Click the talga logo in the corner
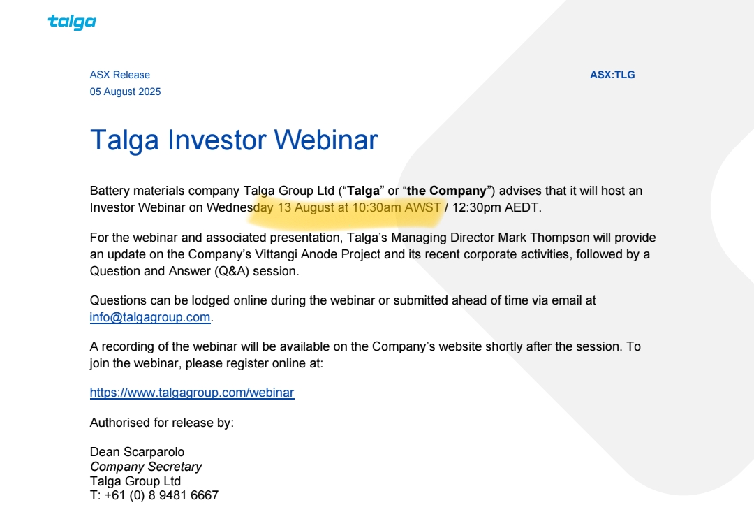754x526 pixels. (x=72, y=22)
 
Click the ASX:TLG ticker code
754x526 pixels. (x=612, y=75)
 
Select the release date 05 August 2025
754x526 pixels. (x=125, y=92)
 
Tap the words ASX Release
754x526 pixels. (x=120, y=75)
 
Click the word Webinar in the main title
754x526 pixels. (x=326, y=140)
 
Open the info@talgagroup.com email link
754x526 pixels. (x=150, y=317)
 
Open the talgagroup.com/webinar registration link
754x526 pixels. (x=192, y=393)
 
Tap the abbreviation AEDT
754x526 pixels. (x=522, y=207)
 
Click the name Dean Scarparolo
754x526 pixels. (x=137, y=452)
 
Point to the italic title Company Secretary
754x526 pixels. (x=146, y=467)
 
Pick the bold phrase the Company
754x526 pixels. (x=447, y=191)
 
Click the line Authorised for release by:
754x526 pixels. (x=161, y=423)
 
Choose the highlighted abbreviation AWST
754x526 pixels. (x=422, y=207)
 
